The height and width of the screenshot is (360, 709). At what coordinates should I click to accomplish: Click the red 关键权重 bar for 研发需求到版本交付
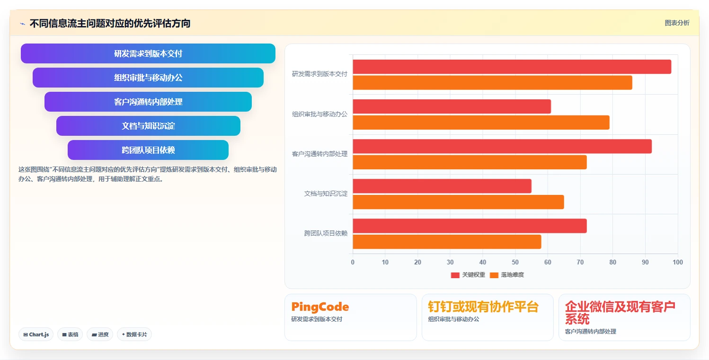point(512,67)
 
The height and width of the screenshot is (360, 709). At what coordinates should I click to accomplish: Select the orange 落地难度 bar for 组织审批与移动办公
point(481,123)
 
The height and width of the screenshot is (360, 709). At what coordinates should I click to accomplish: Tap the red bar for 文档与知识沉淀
point(442,186)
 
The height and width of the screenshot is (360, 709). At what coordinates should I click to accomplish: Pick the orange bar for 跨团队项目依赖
point(447,242)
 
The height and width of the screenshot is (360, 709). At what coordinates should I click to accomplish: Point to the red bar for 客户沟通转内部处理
point(502,147)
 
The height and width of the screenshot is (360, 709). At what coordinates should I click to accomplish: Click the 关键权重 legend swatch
point(455,275)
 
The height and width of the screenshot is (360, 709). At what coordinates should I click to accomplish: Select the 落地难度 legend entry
point(507,275)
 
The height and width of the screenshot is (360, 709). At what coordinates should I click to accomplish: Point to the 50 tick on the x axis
point(515,262)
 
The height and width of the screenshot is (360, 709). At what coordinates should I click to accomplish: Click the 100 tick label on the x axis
point(678,262)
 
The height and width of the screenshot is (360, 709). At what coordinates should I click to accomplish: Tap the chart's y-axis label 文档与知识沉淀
point(326,193)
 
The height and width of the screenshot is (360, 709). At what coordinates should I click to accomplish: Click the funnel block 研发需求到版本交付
point(148,53)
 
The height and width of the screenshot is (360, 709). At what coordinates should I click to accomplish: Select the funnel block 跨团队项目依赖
point(148,150)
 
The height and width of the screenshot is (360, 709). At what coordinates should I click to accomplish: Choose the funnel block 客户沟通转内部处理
point(148,102)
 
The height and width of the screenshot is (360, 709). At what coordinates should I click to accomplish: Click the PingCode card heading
point(320,307)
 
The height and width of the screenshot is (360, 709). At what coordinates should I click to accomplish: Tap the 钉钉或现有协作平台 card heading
point(483,307)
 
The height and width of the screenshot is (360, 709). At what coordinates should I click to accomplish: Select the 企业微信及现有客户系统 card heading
point(620,313)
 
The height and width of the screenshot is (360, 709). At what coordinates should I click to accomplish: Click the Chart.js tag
point(36,334)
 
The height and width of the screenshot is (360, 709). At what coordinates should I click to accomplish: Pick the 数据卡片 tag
point(134,334)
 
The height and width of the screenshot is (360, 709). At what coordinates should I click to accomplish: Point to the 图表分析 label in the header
point(677,23)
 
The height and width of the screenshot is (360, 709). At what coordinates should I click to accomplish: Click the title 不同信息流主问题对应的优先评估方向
point(110,23)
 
